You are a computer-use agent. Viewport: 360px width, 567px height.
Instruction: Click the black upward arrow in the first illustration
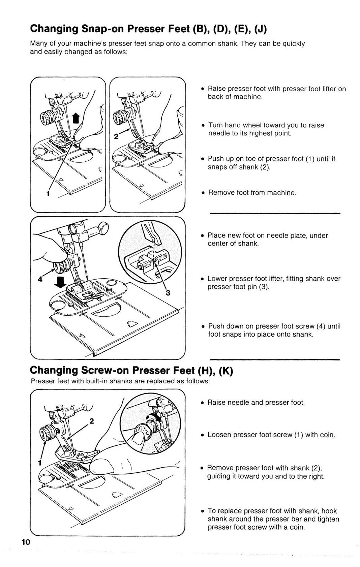tap(76, 119)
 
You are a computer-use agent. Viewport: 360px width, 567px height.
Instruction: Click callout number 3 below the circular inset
tap(168, 293)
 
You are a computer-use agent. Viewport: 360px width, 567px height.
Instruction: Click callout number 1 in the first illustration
tap(48, 194)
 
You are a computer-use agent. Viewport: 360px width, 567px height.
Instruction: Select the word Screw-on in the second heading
tap(104, 370)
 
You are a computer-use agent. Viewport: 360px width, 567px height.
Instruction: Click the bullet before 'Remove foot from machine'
tap(203, 193)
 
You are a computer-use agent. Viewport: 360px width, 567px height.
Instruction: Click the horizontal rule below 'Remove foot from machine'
tap(275, 213)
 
